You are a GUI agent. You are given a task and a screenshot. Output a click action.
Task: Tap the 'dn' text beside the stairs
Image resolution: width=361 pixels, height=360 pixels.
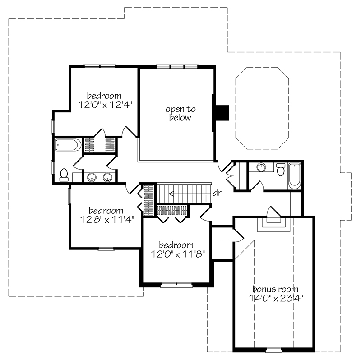point(218,193)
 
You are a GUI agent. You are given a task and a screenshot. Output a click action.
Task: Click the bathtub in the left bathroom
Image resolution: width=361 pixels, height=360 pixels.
point(68,145)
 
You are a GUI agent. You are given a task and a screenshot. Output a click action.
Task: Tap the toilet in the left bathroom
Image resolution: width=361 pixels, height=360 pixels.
point(64,174)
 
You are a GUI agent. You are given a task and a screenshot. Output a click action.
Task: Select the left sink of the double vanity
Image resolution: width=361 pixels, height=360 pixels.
point(93,176)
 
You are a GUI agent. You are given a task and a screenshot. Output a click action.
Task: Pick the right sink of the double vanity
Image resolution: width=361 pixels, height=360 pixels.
point(107,176)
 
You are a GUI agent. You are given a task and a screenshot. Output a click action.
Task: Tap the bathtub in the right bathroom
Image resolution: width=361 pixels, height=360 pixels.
point(294,175)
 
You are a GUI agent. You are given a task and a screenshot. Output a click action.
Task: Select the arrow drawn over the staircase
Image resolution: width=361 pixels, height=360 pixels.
point(190,193)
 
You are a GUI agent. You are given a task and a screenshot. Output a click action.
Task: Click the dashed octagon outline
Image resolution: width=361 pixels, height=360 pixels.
point(262,108)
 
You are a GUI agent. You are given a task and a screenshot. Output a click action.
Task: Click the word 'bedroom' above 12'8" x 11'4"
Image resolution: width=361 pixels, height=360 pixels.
point(106,211)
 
